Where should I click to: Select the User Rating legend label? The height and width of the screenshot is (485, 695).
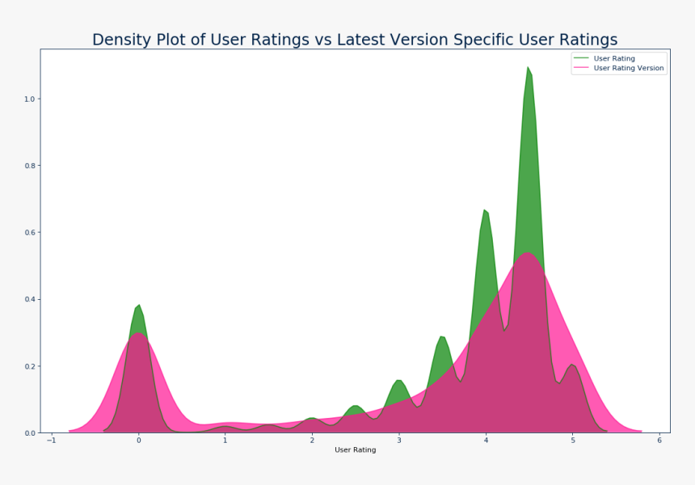pos(614,58)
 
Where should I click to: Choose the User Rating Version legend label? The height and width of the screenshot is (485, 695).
pos(629,68)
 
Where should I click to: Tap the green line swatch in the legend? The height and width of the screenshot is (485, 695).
pos(581,58)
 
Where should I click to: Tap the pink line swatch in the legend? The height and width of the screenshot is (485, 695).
pos(581,68)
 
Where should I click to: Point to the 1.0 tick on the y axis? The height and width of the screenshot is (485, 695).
pos(30,99)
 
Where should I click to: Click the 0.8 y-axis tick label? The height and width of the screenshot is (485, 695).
pos(30,166)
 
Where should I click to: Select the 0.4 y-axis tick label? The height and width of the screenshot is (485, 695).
pos(30,300)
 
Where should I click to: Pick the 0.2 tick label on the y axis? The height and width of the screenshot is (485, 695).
pos(30,367)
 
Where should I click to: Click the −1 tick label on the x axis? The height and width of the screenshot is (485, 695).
pos(52,441)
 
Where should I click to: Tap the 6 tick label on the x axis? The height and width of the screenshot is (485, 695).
pos(659,441)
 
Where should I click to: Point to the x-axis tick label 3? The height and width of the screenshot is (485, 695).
pos(399,441)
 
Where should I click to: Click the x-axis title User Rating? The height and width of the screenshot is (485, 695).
pos(355,450)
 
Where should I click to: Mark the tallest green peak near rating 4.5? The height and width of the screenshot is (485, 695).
pos(528,67)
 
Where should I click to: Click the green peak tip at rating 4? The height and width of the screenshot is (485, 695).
pos(484,209)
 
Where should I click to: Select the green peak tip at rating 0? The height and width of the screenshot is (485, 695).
pos(139,305)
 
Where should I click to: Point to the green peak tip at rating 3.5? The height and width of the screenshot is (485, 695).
pos(441,336)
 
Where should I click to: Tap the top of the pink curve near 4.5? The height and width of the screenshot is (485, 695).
pos(527,253)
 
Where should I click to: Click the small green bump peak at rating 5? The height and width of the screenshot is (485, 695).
pos(572,365)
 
